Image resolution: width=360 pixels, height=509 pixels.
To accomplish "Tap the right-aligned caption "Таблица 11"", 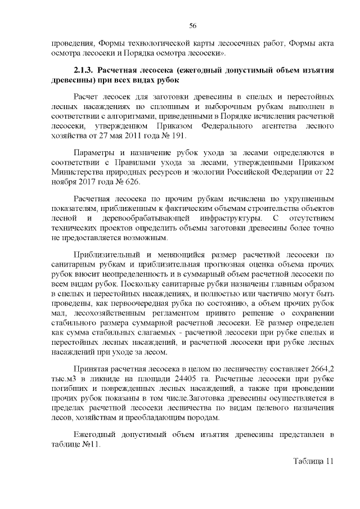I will pos(313,461).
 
